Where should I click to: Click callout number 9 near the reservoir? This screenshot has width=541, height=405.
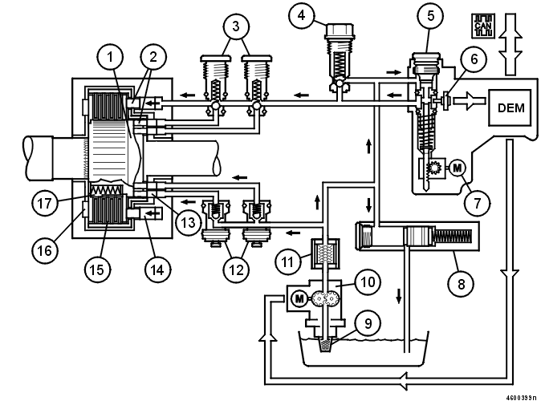368,325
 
